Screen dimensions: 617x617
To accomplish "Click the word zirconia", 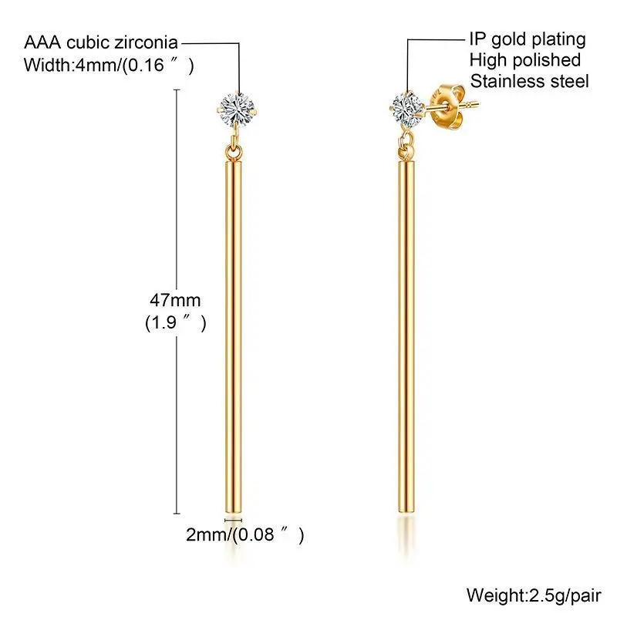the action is tap(151, 41).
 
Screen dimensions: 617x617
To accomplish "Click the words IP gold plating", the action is tap(528, 39).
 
